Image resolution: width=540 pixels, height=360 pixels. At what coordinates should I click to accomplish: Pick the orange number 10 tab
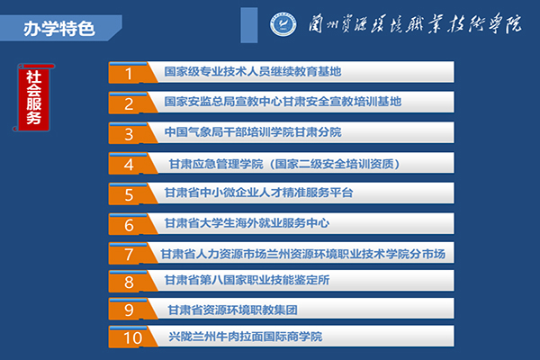click(130, 337)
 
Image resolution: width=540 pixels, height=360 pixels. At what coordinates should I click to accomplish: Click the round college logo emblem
click(283, 24)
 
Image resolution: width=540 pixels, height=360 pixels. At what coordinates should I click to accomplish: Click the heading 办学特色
click(59, 29)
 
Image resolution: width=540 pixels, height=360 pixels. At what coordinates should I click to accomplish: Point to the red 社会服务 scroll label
click(33, 97)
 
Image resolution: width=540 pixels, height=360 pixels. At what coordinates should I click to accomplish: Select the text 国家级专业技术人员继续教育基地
click(253, 72)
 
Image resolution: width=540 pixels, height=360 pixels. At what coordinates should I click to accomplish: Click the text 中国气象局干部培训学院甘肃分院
click(253, 132)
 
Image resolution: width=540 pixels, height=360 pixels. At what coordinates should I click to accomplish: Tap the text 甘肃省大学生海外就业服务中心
click(247, 223)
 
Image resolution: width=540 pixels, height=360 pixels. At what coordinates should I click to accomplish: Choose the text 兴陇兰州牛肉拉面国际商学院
click(246, 337)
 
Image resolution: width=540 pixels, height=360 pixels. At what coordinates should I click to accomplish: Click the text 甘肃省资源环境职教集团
click(232, 310)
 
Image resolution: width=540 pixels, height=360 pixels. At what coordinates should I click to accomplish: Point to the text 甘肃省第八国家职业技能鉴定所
click(247, 280)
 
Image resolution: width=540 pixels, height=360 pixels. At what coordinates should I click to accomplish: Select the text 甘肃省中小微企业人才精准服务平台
click(259, 193)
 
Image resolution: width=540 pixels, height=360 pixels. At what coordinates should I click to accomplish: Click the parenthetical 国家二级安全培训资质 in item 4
click(334, 164)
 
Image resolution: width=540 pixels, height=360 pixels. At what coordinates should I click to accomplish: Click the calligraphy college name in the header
click(415, 23)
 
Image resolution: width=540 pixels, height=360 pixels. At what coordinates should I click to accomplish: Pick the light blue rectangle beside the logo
click(249, 25)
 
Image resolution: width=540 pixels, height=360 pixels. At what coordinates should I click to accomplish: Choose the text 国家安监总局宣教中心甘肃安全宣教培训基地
click(283, 102)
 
